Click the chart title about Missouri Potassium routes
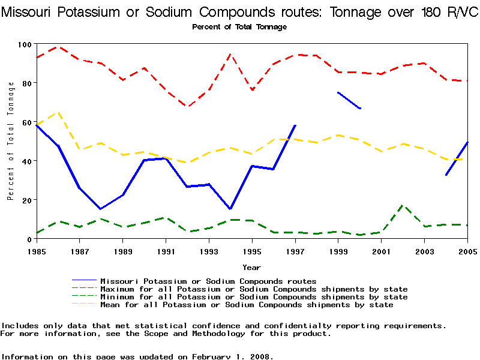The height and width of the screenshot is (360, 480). [239, 13]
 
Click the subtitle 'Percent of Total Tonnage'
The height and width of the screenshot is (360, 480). [239, 27]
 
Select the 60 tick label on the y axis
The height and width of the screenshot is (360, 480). [26, 122]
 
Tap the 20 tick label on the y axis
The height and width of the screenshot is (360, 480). [26, 200]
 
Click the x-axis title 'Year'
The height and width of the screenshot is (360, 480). [251, 267]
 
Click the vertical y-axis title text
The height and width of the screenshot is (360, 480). [11, 141]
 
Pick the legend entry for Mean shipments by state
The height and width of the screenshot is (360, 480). [247, 305]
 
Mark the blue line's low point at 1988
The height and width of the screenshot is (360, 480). [101, 209]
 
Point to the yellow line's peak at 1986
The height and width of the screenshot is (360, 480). [58, 112]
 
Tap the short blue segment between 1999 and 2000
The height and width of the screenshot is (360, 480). [349, 100]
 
